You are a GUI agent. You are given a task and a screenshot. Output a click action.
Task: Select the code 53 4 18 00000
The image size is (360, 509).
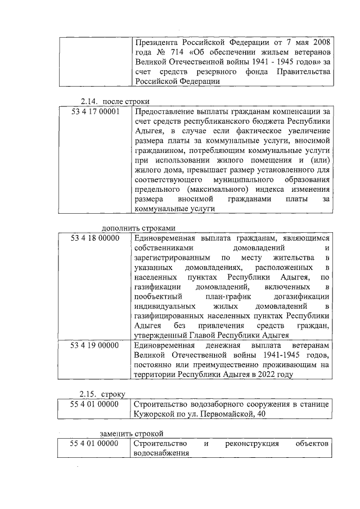point(95,238)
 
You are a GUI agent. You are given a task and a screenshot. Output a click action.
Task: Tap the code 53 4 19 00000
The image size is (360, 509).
point(95,345)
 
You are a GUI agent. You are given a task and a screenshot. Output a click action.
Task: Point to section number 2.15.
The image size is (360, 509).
point(89,395)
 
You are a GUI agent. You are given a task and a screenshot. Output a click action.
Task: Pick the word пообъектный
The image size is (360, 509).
point(159,296)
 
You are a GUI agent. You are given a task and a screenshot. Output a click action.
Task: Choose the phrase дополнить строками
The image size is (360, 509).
point(138,228)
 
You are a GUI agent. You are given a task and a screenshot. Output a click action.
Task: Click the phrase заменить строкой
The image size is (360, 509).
point(131,434)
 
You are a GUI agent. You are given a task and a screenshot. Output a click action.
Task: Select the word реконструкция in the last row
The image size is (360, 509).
point(252,444)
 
